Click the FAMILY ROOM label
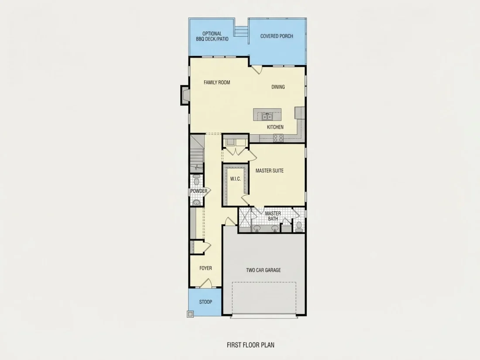tap(217, 82)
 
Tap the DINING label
tap(278, 87)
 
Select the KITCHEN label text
tap(275, 127)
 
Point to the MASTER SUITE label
tap(269, 171)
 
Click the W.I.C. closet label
tap(235, 179)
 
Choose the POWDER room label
tap(199, 191)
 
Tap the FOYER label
tap(206, 268)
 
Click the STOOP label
tap(206, 302)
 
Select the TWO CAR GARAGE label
tap(263, 270)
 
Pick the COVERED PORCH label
tap(276, 36)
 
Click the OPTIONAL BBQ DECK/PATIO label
tap(212, 36)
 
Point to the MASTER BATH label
tap(273, 216)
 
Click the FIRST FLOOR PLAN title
tap(250, 345)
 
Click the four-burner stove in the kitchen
tap(278, 138)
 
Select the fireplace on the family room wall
tap(185, 95)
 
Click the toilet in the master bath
tap(299, 226)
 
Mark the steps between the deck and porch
tap(242, 31)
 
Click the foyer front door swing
tap(206, 283)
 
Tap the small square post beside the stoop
tap(190, 314)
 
